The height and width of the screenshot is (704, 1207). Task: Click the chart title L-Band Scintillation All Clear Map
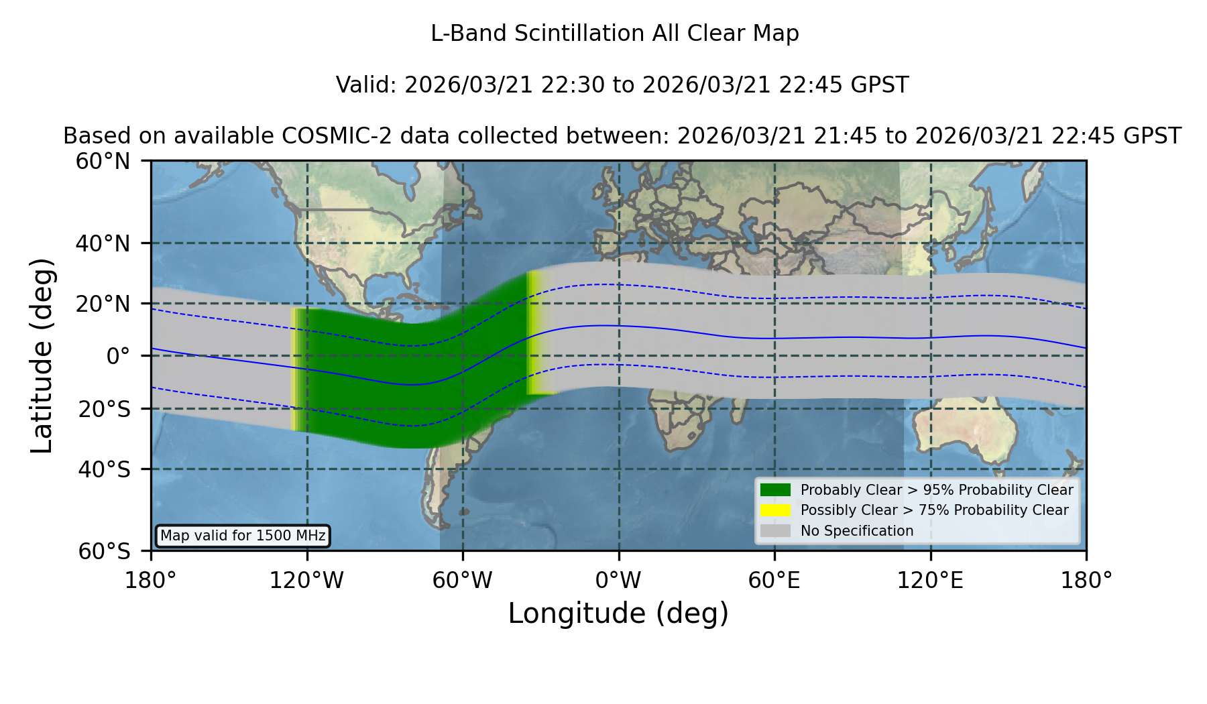tap(615, 34)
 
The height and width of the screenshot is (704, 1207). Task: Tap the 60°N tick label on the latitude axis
tap(103, 162)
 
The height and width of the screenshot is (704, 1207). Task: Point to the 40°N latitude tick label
tap(103, 243)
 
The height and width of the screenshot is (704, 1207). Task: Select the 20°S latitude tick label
tap(105, 409)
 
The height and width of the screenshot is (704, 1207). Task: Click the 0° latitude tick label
tap(118, 356)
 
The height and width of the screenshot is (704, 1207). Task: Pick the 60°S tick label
tap(105, 551)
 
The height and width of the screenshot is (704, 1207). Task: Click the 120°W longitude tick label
tap(307, 580)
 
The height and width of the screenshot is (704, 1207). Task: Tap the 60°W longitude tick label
tap(463, 580)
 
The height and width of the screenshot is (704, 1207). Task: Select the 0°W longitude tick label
tap(619, 580)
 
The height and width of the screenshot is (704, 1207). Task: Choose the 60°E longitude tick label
tap(774, 580)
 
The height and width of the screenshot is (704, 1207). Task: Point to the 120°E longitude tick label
tap(931, 580)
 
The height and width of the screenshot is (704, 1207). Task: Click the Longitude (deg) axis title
tap(618, 613)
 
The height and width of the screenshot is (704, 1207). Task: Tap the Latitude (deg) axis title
tap(42, 355)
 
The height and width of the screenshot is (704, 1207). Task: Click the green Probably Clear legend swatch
tap(776, 490)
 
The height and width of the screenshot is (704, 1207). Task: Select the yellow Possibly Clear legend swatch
tap(776, 510)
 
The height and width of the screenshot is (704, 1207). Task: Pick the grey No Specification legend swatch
tap(776, 531)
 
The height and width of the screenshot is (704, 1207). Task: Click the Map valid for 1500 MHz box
tap(243, 536)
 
